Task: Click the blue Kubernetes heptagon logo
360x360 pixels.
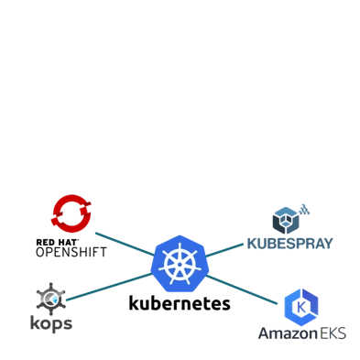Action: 180,264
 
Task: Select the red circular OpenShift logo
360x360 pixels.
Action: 70,213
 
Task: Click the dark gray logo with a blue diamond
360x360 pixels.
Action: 50,306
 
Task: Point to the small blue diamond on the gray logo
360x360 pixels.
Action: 57,300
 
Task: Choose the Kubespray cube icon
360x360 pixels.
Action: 287,221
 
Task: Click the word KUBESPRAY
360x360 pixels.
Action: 290,243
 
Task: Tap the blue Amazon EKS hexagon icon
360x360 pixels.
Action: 301,307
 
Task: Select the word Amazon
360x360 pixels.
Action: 287,333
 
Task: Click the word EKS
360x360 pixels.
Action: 333,333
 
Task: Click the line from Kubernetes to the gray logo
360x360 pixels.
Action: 105,287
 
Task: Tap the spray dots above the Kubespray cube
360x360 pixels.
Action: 304,210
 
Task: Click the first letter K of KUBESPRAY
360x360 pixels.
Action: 253,243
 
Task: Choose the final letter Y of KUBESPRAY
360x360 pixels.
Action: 327,243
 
